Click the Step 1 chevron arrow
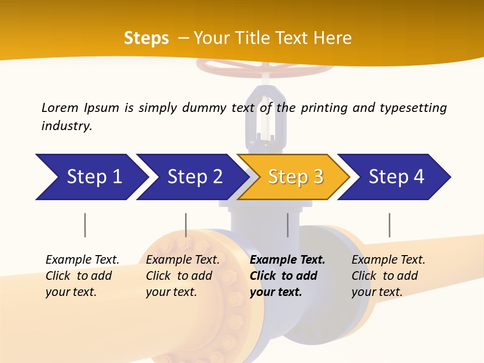tap(91, 177)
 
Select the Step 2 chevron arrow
tap(192, 177)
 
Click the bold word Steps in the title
tap(146, 38)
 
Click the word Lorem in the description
tap(59, 107)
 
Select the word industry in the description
tap(67, 126)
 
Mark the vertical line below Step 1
tap(85, 225)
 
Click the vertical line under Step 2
tap(186, 225)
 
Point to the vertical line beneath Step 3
tap(288, 225)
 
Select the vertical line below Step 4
tap(389, 225)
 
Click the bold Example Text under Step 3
tap(287, 260)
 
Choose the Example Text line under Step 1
tap(82, 260)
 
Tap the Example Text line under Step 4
tap(388, 260)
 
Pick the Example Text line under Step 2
tap(183, 260)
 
